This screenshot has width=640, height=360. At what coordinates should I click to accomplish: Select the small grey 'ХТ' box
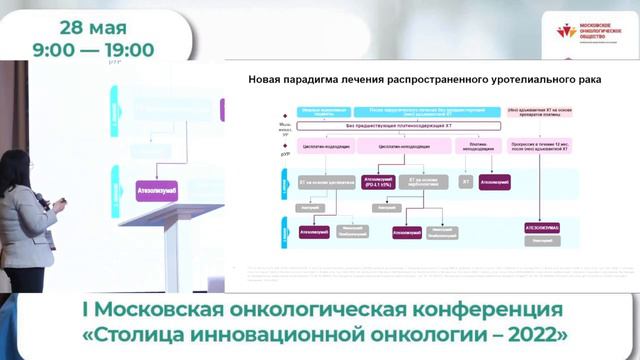465,182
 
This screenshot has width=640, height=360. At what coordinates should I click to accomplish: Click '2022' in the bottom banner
537,332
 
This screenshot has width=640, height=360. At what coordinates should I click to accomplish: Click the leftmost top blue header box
297,110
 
